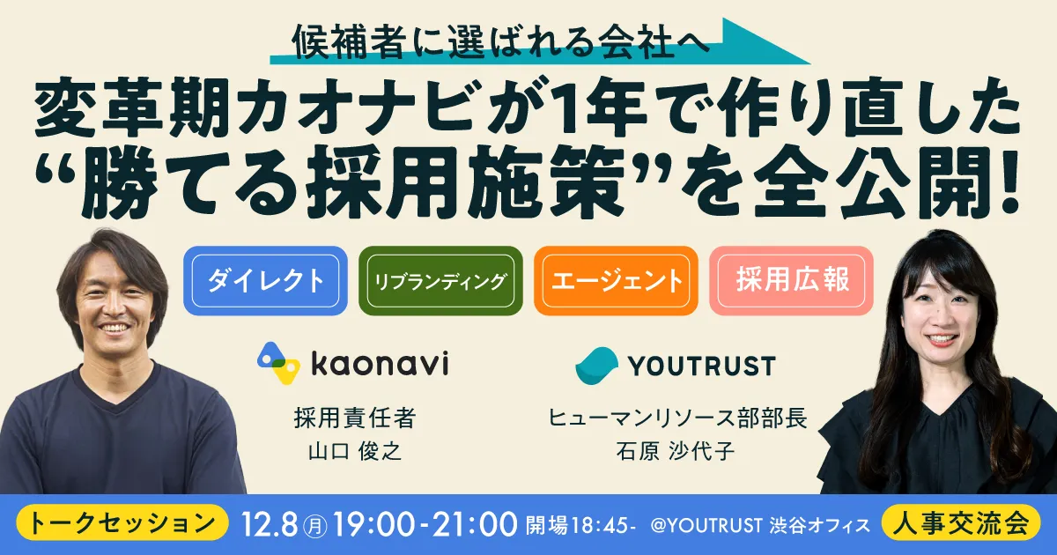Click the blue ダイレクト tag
[265, 281]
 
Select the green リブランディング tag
[440, 281]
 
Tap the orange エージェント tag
[616, 281]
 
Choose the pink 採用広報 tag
[791, 281]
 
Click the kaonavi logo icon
[278, 363]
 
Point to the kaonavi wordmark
[380, 365]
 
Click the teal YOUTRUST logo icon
[597, 366]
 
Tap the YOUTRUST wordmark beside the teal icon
[702, 366]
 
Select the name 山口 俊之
[355, 451]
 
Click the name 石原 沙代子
[676, 451]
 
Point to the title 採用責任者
[355, 418]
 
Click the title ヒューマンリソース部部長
[677, 418]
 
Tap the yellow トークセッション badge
[122, 522]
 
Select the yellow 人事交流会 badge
[961, 522]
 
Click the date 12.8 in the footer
[270, 524]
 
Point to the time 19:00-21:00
[425, 524]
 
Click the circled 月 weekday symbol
[314, 525]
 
